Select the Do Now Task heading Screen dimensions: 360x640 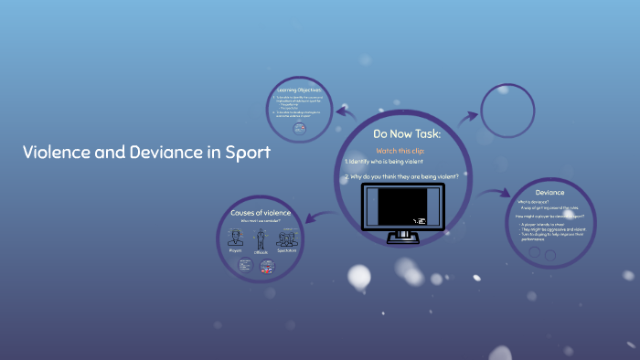pyautogui.click(x=407, y=133)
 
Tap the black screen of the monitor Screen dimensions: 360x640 pyautogui.click(x=401, y=207)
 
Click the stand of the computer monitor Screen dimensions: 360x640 pyautogui.click(x=402, y=238)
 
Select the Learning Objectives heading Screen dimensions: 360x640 pyautogui.click(x=301, y=90)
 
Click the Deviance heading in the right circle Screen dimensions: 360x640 pyautogui.click(x=549, y=193)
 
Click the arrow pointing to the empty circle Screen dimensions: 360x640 pyautogui.click(x=467, y=116)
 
